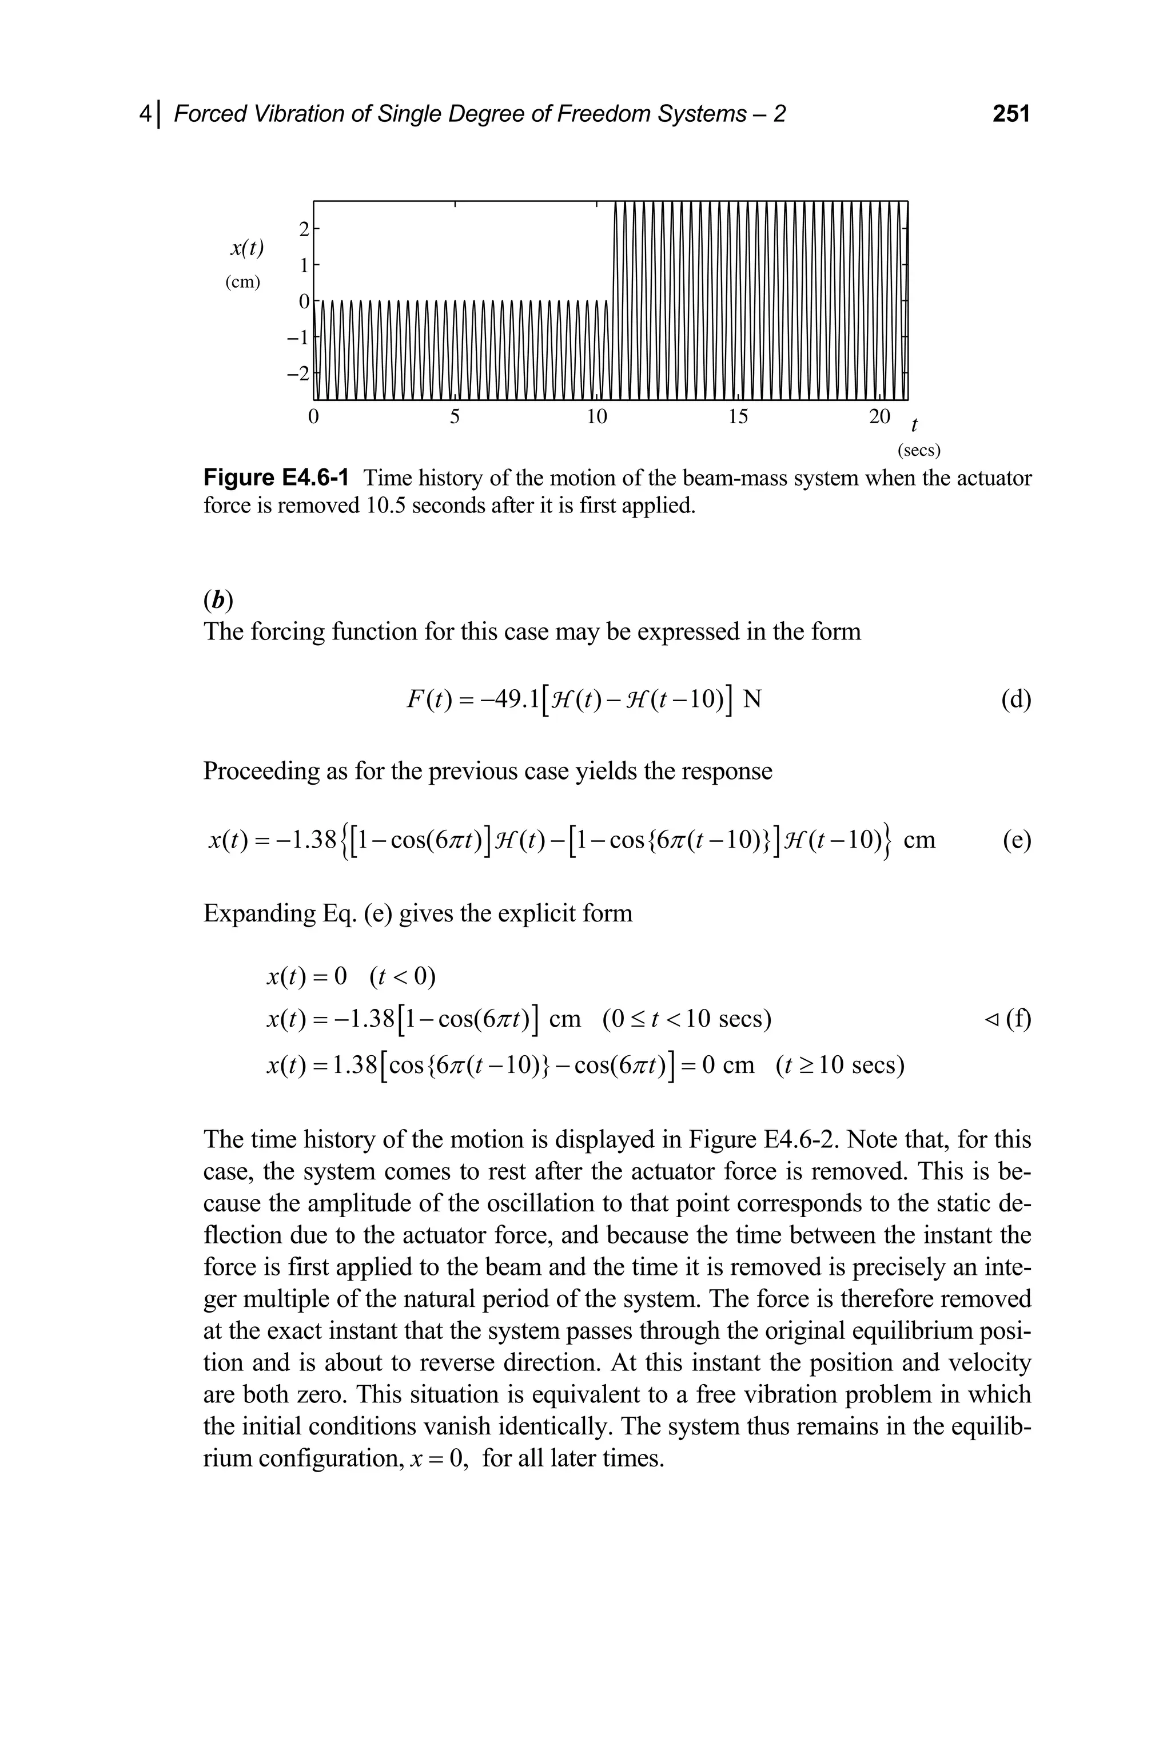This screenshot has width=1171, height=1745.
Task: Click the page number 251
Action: [x=1010, y=114]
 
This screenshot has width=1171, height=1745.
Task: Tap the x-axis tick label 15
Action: [x=737, y=417]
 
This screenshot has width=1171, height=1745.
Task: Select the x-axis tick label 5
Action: [x=455, y=417]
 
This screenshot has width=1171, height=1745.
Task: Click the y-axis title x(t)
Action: [x=246, y=248]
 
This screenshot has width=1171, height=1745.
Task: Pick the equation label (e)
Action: [x=1015, y=840]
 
